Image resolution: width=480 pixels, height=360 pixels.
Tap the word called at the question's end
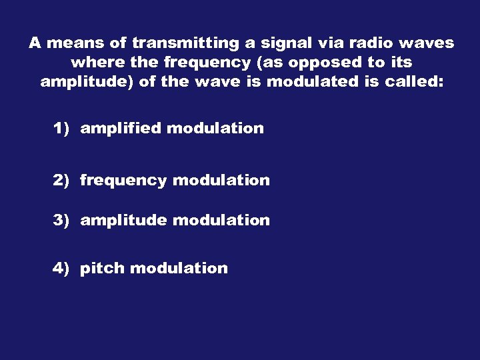pos(414,82)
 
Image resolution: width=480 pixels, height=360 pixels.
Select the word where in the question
pos(93,63)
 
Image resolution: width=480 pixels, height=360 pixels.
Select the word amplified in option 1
pos(121,128)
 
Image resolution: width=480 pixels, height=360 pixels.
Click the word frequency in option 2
pos(123,181)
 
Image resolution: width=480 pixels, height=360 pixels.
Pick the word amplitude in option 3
pos(123,220)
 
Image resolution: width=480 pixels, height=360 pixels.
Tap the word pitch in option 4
pos(102,268)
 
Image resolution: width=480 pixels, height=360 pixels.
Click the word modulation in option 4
pos(179,268)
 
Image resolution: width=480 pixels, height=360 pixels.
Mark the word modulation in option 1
pos(215,128)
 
